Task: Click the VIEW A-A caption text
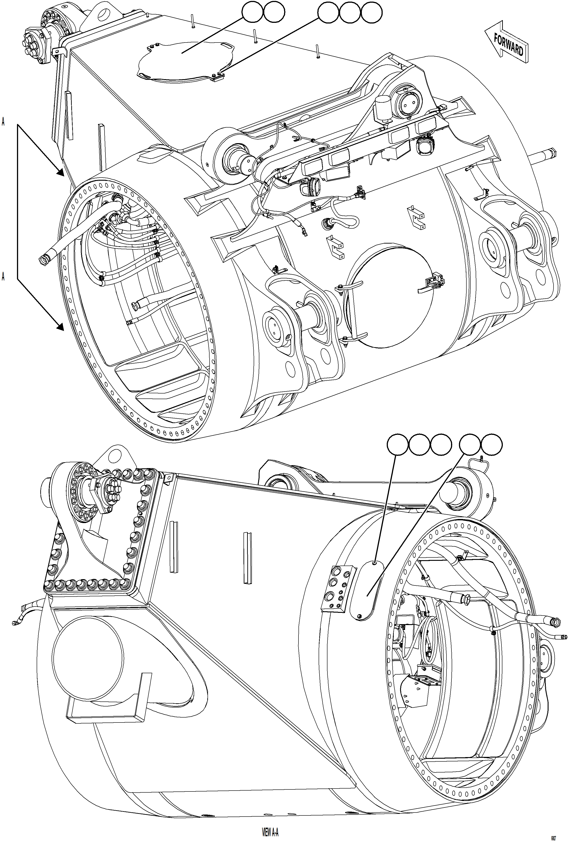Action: [x=270, y=831]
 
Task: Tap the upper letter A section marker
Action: [x=3, y=122]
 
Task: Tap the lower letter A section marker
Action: [x=3, y=277]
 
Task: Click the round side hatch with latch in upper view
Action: [x=391, y=297]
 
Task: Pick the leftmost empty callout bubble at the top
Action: [x=253, y=12]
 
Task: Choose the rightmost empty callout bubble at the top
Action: [x=372, y=12]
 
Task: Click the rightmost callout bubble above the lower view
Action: [x=492, y=444]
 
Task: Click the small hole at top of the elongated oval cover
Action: [x=375, y=562]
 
